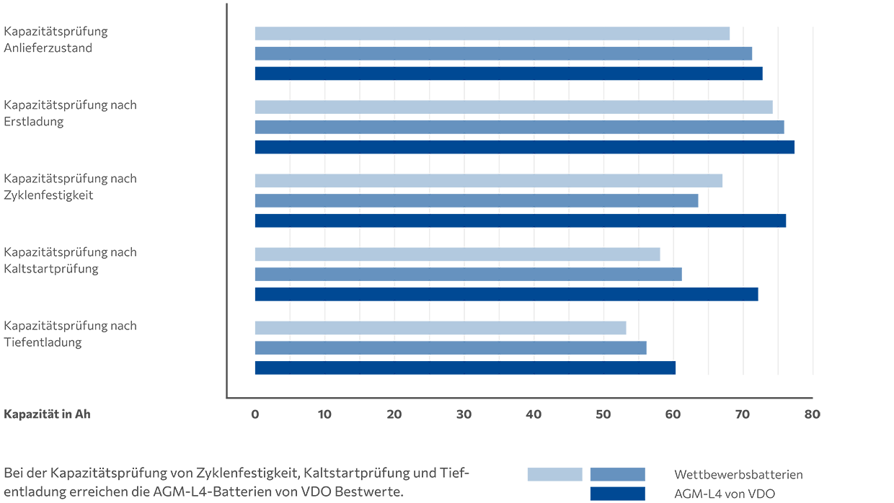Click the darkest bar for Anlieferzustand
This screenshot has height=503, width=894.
tap(508, 74)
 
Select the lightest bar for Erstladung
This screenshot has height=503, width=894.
tap(513, 107)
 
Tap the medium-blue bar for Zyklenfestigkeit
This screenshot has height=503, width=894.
tap(477, 200)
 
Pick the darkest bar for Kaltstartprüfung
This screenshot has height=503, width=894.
tap(506, 295)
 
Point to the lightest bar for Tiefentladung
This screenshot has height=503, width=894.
tap(441, 328)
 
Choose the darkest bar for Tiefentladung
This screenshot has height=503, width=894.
tap(465, 368)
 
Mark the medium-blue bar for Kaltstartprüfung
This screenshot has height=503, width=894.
tap(469, 275)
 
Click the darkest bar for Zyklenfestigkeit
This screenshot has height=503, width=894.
tap(521, 221)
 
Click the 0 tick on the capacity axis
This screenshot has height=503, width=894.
tap(255, 414)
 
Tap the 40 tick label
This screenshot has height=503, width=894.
tap(534, 414)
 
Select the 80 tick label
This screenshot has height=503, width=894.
tap(813, 414)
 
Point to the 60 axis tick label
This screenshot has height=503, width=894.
tap(673, 414)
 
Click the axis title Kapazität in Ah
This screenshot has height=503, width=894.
tap(47, 414)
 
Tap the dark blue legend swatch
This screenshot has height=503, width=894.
tap(618, 494)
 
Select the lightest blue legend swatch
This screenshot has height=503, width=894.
tap(554, 474)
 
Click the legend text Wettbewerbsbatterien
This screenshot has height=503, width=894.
tap(738, 474)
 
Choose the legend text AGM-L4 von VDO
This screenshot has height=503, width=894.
tap(725, 494)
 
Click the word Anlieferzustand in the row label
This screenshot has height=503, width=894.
tap(48, 48)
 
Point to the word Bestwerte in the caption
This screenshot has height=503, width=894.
tap(369, 491)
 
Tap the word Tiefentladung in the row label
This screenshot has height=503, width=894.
tap(43, 342)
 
